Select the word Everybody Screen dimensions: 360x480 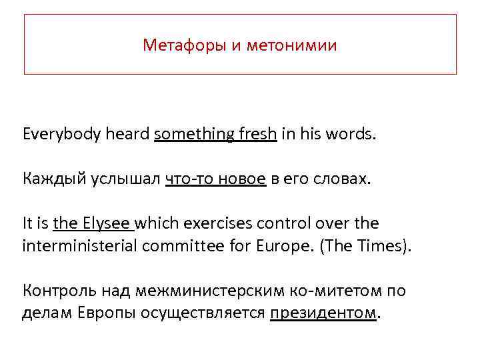click(61, 135)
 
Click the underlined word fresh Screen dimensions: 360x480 click(257, 135)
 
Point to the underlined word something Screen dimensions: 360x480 click(193, 135)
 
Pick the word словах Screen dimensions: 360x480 click(341, 179)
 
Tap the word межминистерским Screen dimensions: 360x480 click(193, 291)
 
